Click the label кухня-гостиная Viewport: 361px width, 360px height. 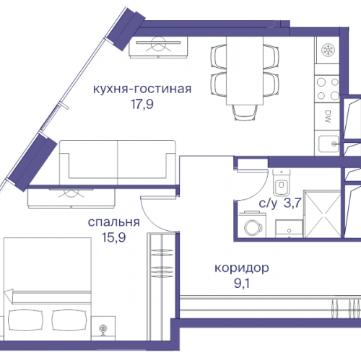(142, 89)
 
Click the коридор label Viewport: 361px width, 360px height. (242, 268)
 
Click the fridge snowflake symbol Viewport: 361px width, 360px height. (326, 51)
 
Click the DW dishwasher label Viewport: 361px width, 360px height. (326, 115)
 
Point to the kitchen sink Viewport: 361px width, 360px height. (326, 141)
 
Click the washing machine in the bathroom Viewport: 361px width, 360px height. (253, 226)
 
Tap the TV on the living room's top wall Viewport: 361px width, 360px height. (158, 45)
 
